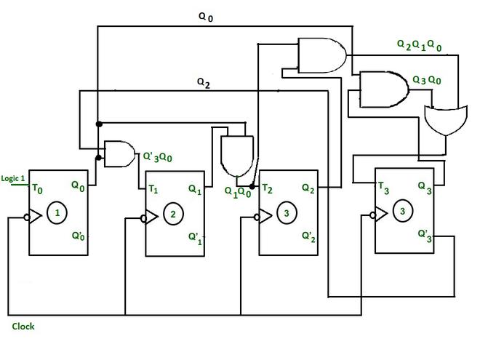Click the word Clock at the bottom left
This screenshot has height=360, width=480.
click(x=23, y=327)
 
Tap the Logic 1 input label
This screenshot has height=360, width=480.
click(x=13, y=178)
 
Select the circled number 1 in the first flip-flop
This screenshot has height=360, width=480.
click(x=57, y=215)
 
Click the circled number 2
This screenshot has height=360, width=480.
click(x=172, y=214)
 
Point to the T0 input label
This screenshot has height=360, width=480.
click(x=37, y=188)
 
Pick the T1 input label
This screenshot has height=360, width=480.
click(x=153, y=189)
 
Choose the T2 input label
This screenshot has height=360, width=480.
click(x=268, y=189)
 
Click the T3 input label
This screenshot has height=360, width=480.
click(x=384, y=187)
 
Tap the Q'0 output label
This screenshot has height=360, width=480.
click(x=78, y=236)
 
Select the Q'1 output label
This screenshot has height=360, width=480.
click(x=194, y=237)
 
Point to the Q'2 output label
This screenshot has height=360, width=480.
click(x=308, y=236)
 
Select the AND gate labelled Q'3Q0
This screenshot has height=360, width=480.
click(x=119, y=153)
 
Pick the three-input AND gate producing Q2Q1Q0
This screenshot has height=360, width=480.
click(x=321, y=55)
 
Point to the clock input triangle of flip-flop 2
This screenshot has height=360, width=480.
click(x=151, y=217)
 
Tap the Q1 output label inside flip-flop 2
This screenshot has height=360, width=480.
click(x=195, y=189)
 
